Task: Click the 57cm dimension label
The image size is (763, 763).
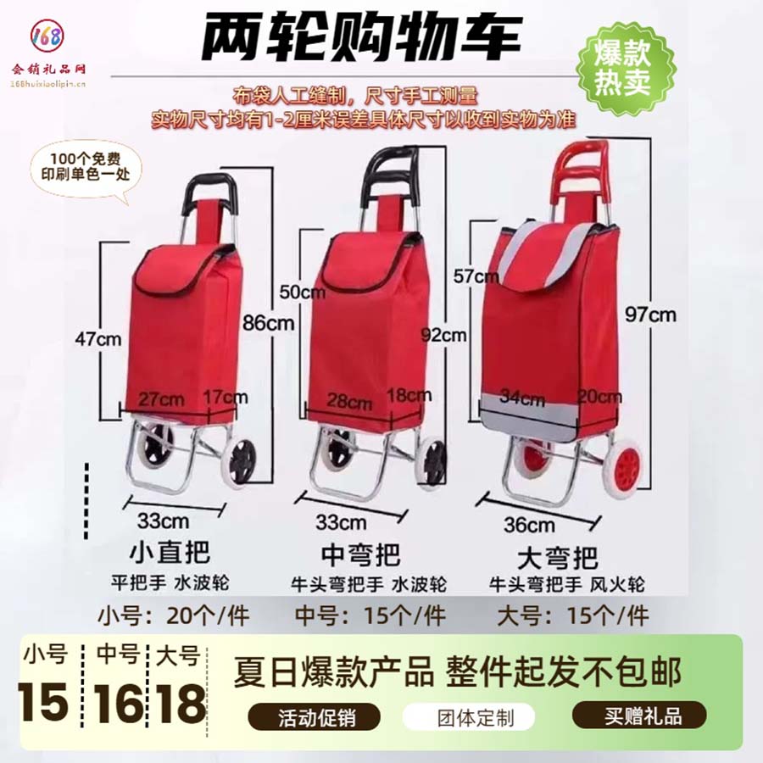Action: point(476,276)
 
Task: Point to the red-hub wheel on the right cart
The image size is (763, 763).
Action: point(628,471)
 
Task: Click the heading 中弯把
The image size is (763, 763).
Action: point(362,554)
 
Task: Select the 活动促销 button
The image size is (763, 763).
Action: point(318,716)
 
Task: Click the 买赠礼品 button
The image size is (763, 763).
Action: point(638,716)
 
